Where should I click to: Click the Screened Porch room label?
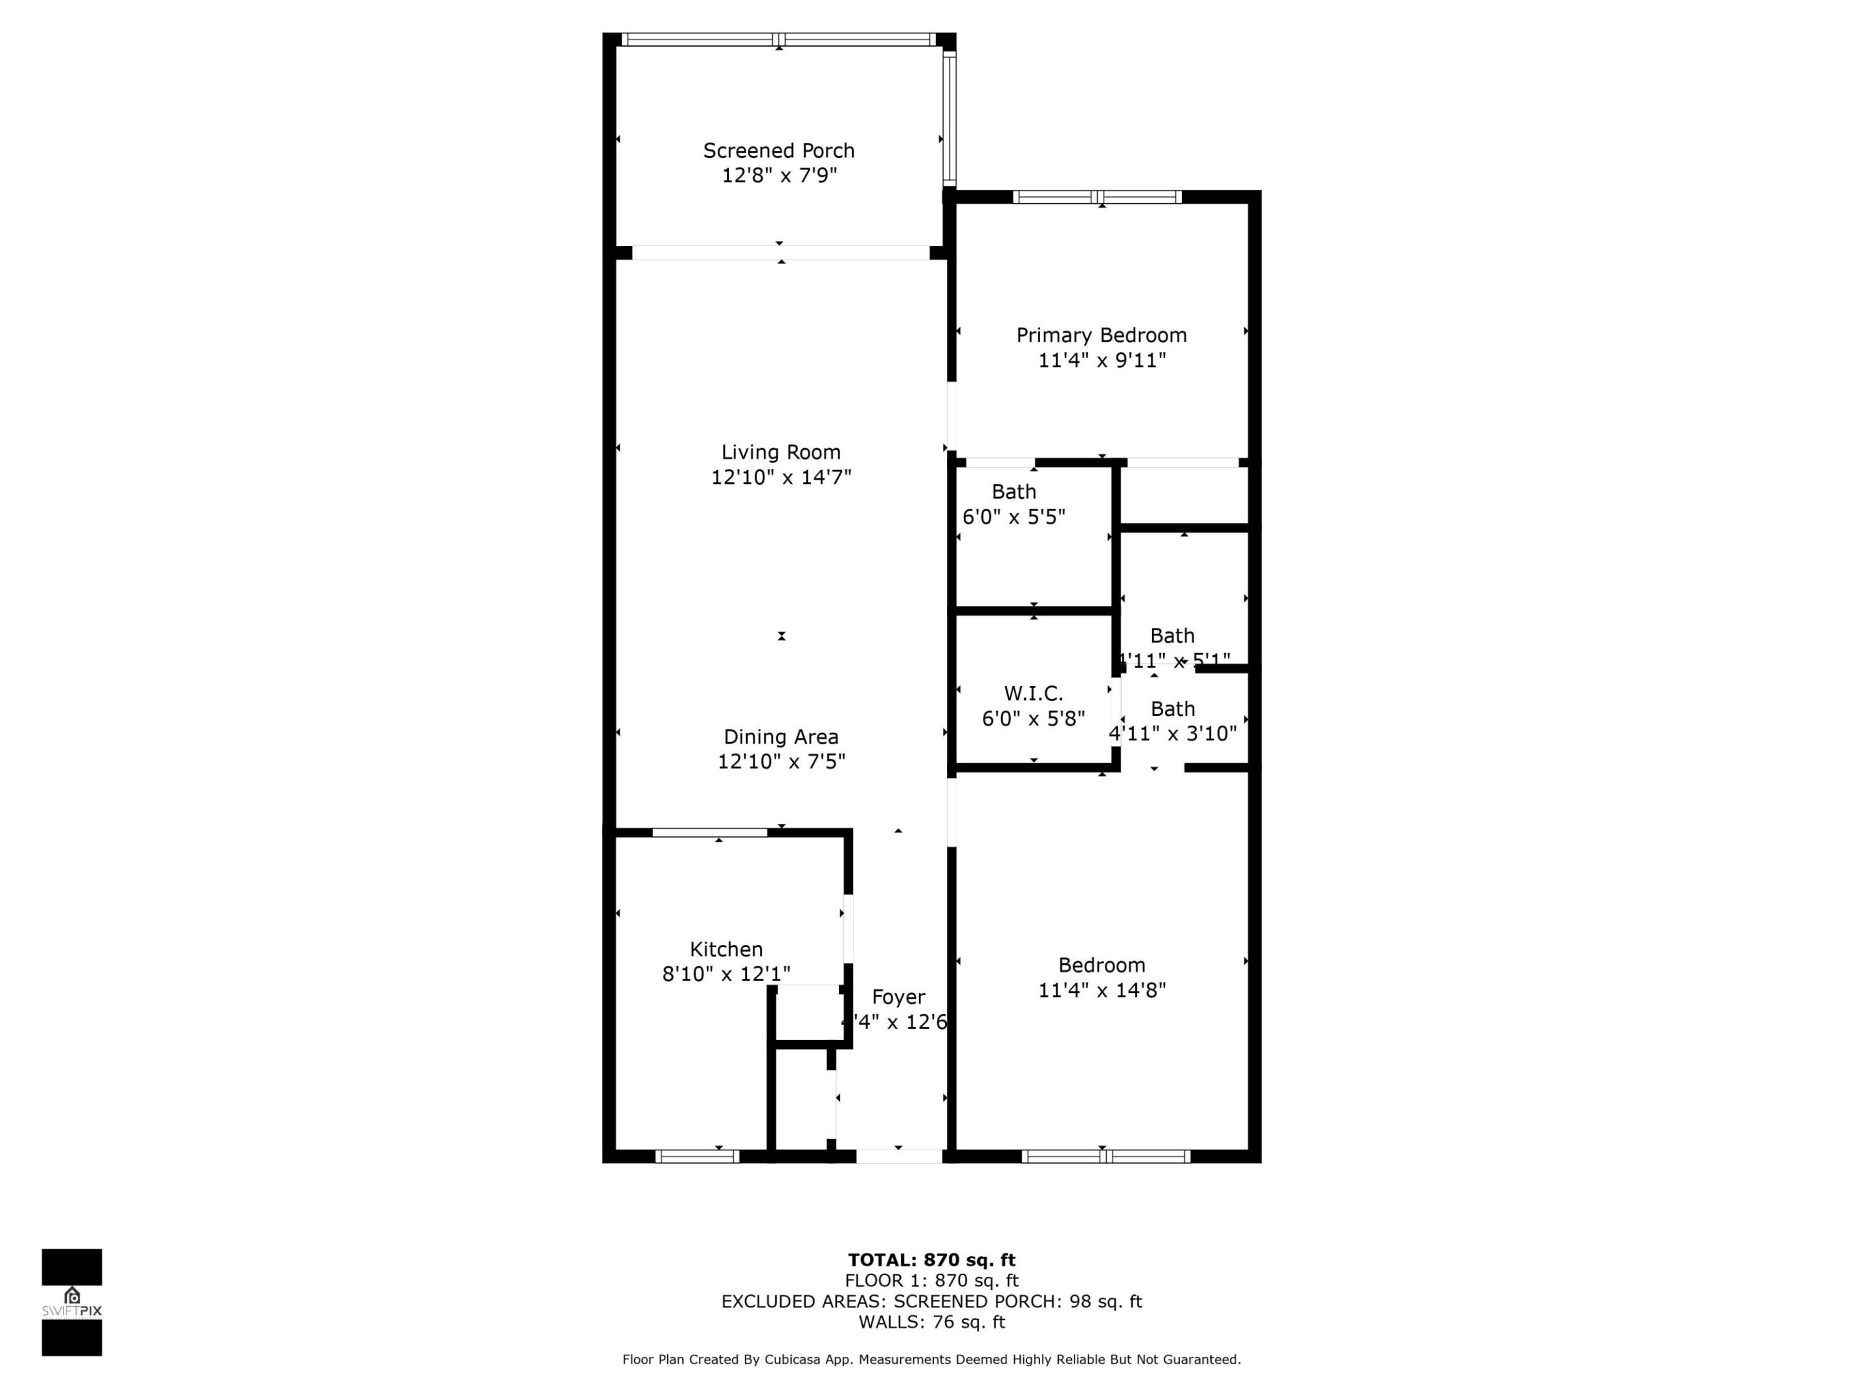pos(779,151)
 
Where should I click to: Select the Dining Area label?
pos(781,737)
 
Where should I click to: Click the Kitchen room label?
pos(726,949)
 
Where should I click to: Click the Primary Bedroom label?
pos(1102,335)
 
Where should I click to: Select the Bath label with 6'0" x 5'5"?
pos(1014,492)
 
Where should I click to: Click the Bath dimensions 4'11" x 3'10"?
pos(1172,734)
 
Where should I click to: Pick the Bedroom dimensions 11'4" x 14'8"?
pos(1102,990)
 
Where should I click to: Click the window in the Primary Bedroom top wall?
pos(1097,197)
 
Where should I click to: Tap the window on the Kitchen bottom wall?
pos(697,1156)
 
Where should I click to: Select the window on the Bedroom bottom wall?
pos(1105,1156)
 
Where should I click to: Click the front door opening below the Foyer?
pos(899,1156)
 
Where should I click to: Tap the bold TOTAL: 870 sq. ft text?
pos(931,1259)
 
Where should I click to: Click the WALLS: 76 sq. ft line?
pos(931,1322)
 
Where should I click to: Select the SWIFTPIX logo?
pos(72,1302)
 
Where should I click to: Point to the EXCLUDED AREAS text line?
pos(931,1301)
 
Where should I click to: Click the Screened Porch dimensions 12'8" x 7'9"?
pos(779,176)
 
